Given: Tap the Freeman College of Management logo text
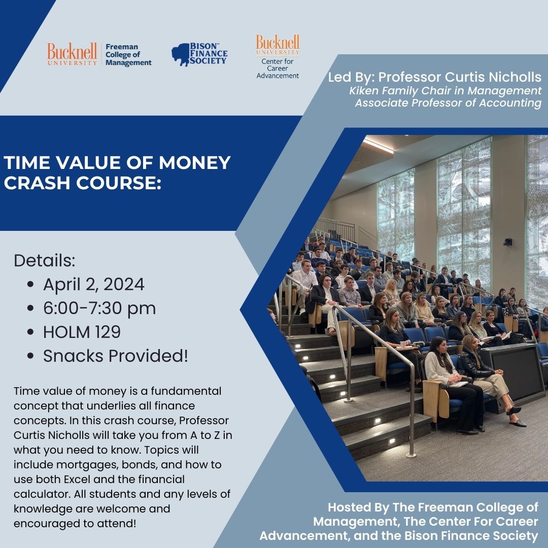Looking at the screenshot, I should click(128, 55).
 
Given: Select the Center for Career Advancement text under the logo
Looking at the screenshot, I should click(278, 68).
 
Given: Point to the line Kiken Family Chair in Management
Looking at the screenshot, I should click(445, 91).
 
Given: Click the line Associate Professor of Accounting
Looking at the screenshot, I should click(448, 103).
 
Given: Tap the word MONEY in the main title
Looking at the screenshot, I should click(193, 163).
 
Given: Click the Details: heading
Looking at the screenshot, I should click(45, 261).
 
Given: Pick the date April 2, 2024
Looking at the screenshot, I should click(93, 284).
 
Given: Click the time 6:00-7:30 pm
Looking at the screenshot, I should click(99, 308).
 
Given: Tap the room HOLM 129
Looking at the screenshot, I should click(82, 332).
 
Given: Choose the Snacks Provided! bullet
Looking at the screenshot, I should click(115, 356).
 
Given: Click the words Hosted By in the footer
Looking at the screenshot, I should click(355, 507).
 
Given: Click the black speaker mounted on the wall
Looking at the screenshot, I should click(507, 242).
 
